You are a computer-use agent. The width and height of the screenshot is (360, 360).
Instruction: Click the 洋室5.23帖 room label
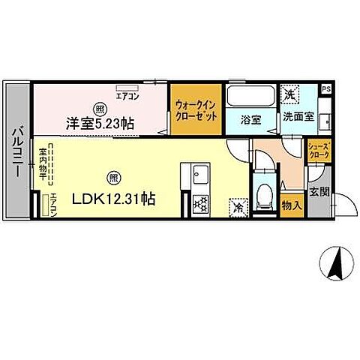tap(99, 122)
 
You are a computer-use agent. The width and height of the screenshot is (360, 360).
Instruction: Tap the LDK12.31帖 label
tap(113, 199)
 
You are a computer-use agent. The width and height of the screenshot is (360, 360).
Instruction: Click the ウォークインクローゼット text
tap(196, 112)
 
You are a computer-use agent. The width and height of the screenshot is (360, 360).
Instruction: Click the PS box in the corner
tap(326, 89)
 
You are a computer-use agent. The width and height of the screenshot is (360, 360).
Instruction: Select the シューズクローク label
tap(319, 151)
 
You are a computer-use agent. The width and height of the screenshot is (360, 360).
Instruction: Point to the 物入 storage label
tap(291, 203)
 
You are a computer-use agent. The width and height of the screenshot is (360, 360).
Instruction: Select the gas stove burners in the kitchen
tap(200, 203)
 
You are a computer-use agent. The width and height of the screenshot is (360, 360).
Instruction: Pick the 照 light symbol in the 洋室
tap(100, 106)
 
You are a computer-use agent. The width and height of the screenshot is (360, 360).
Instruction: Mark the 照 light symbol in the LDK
tap(113, 179)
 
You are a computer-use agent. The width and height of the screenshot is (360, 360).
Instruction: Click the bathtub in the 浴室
tap(251, 96)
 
